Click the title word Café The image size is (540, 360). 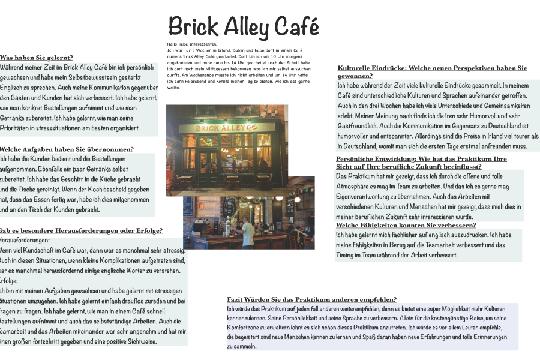pos(296,27)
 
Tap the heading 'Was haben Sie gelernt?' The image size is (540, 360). pos(37,58)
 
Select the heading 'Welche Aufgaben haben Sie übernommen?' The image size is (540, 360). pos(67,149)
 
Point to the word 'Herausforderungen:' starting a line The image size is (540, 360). pos(25,240)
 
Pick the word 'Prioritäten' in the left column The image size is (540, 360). pos(18,128)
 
